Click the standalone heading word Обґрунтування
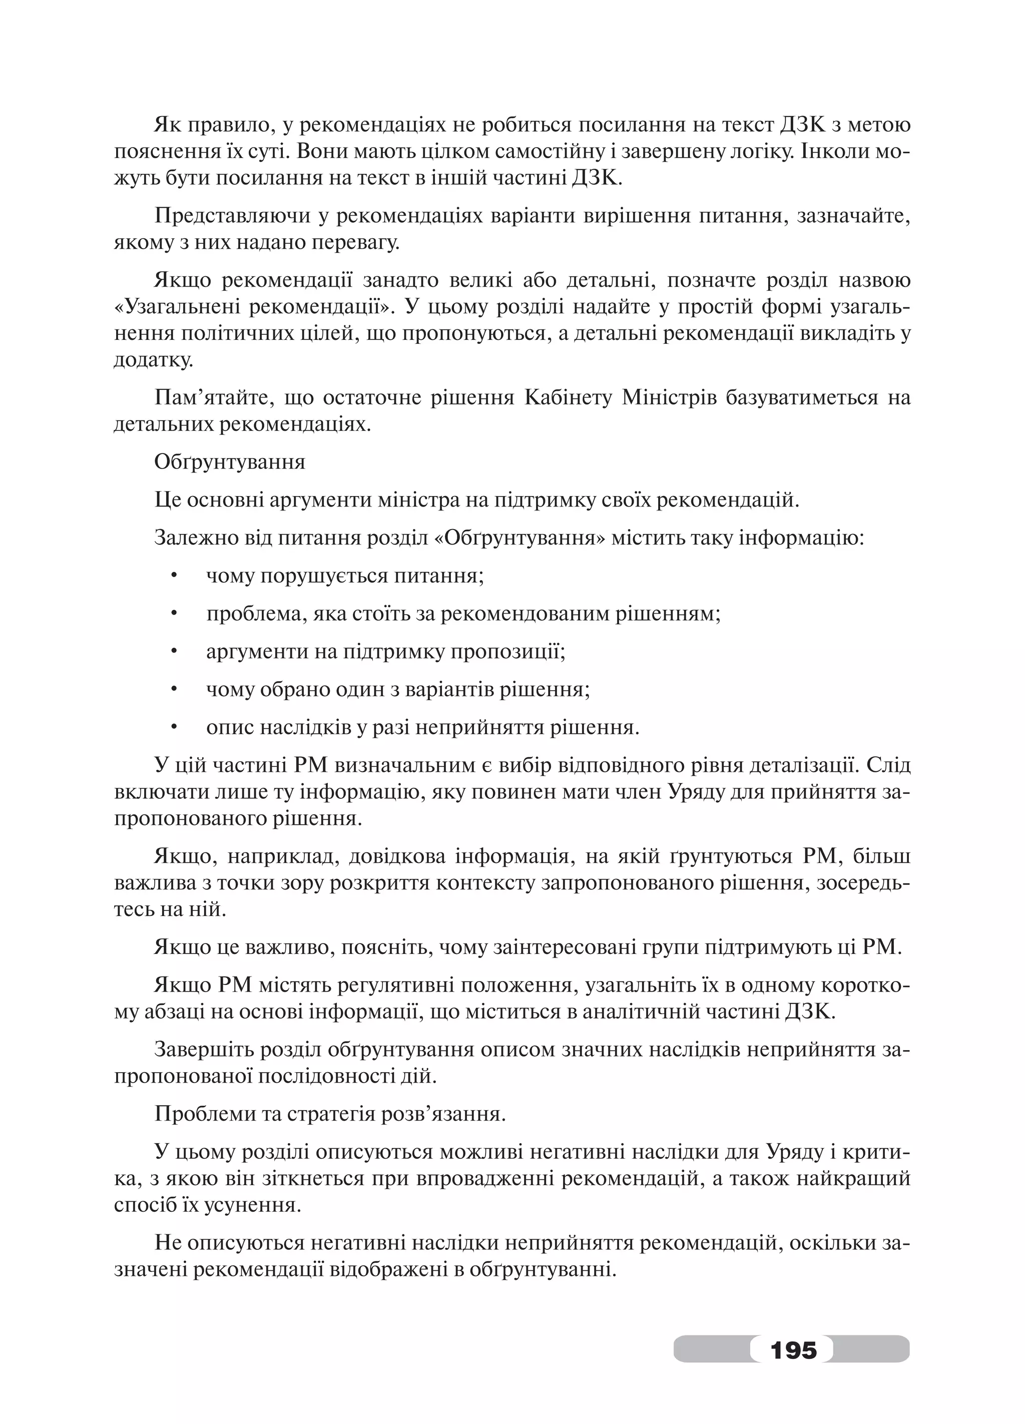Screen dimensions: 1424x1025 (x=229, y=462)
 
